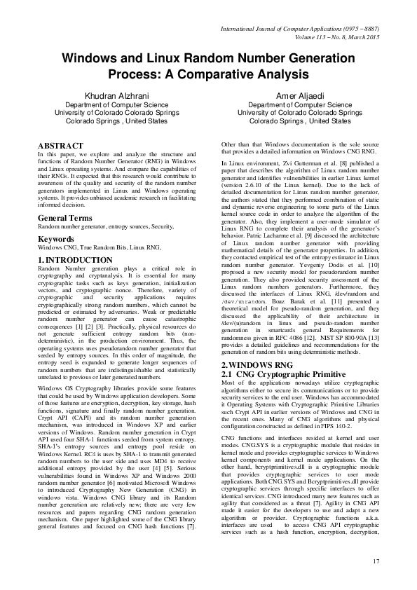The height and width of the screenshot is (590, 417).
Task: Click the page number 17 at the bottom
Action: (375, 561)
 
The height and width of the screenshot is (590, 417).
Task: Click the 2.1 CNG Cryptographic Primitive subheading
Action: (278, 376)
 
